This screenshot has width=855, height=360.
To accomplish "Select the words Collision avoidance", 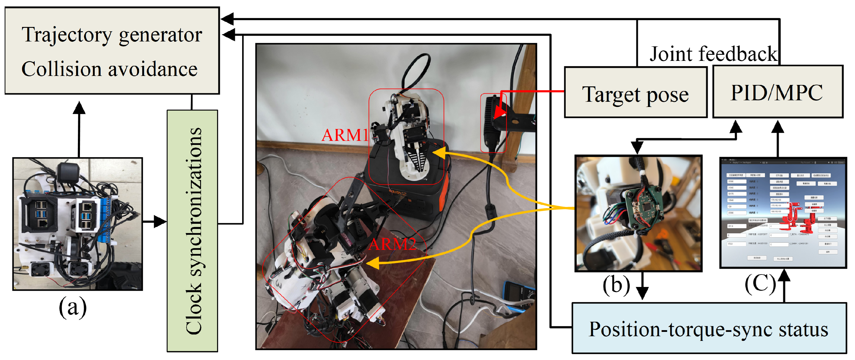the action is [x=109, y=69].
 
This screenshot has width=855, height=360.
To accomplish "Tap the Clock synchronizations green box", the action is [x=193, y=230].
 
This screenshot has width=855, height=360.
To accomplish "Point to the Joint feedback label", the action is [x=713, y=54].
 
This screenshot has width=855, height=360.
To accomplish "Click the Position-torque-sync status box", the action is [x=709, y=329].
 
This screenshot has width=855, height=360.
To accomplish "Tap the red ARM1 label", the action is [x=345, y=135].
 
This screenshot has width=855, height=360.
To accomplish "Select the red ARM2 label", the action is [x=392, y=244].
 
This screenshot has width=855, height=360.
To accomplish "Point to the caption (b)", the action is [x=616, y=284].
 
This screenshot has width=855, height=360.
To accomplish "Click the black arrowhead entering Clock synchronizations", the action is [x=161, y=221].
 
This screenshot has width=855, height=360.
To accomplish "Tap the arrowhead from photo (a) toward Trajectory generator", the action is [x=79, y=108].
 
